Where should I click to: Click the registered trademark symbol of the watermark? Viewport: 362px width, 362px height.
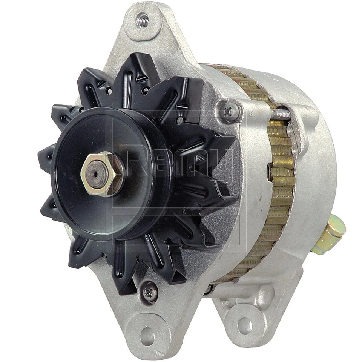pyautogui.click(x=250, y=113)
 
